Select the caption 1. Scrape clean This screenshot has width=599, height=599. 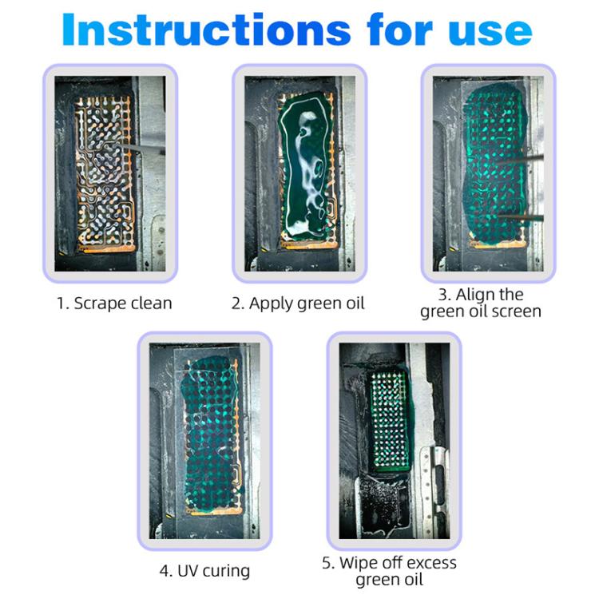click(114, 303)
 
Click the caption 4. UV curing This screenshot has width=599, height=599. click(204, 570)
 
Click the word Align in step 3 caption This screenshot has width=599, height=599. click(478, 295)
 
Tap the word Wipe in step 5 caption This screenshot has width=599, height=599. click(363, 563)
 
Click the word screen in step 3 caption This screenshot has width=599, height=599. click(515, 311)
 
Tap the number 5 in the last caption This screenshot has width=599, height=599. click(327, 563)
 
